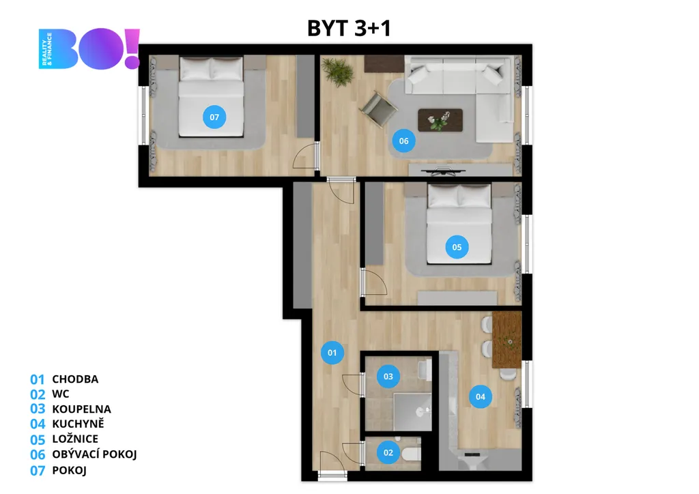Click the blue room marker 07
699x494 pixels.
click(214, 117)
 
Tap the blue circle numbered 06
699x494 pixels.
click(403, 141)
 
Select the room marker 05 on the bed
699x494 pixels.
click(457, 247)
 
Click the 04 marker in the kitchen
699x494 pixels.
click(481, 396)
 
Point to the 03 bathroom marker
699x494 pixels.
click(388, 377)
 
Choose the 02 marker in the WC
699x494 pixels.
click(388, 452)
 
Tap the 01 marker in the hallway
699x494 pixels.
click(332, 353)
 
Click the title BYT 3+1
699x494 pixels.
click(349, 28)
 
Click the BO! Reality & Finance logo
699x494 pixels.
click(89, 48)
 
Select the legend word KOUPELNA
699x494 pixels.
click(82, 409)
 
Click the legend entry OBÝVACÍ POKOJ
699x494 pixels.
click(94, 454)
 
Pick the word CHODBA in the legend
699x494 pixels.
click(75, 379)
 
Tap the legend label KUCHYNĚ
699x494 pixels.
click(78, 424)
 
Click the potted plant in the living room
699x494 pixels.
click(337, 72)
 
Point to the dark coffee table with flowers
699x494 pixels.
click(440, 120)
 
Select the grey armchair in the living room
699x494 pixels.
click(378, 109)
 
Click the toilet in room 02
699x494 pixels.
click(410, 454)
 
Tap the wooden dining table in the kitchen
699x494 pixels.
click(507, 340)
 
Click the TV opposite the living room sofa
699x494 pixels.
click(443, 171)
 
